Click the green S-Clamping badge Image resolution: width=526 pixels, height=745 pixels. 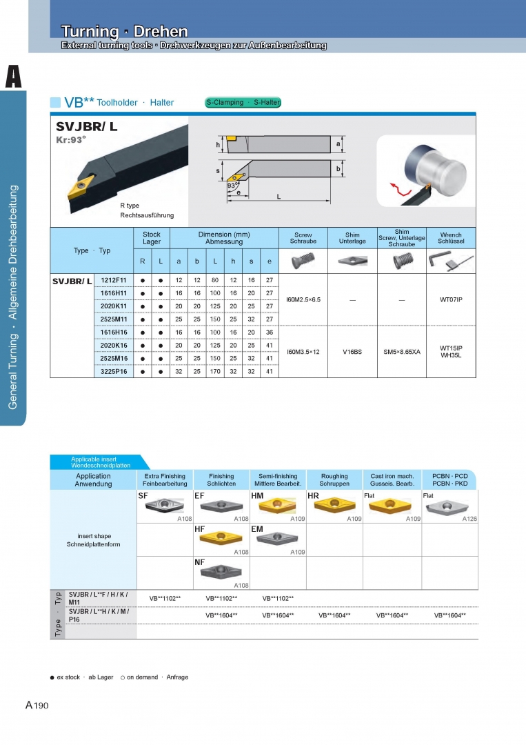pos(243,102)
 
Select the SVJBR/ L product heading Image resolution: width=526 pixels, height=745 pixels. pos(86,126)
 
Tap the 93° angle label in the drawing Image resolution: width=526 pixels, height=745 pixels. pos(232,186)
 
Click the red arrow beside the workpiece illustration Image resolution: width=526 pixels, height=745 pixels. pos(401,188)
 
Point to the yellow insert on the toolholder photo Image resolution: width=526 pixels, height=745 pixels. pos(81,187)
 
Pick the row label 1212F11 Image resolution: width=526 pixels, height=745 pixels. pos(114,280)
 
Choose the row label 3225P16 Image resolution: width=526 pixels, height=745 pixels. pos(114,372)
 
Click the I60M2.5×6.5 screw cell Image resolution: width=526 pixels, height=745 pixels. pos(303,300)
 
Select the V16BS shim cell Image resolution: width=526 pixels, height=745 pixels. pos(352,352)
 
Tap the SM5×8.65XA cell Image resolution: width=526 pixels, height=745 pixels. pos(402,352)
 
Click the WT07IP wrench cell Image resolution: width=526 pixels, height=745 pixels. pos(451,300)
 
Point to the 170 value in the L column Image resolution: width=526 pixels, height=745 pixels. pos(215,372)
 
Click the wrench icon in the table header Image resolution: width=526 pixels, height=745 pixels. pos(451,261)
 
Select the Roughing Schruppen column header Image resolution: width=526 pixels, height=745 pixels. pos(334,480)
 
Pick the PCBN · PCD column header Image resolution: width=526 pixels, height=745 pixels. pos(450,480)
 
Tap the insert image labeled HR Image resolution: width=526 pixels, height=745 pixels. pos(334,505)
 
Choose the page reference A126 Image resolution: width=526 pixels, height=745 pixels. pos(469,519)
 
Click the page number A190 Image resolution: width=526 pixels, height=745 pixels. pos(37,705)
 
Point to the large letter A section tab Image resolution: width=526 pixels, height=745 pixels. pos(13,77)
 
